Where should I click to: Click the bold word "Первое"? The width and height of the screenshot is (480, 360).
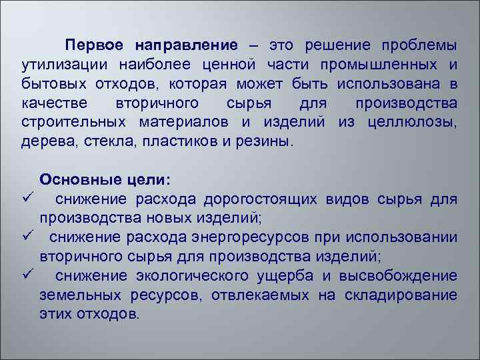[94, 46]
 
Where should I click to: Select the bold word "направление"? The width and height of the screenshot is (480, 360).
[186, 46]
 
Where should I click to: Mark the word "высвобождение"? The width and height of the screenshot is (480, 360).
[408, 276]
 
